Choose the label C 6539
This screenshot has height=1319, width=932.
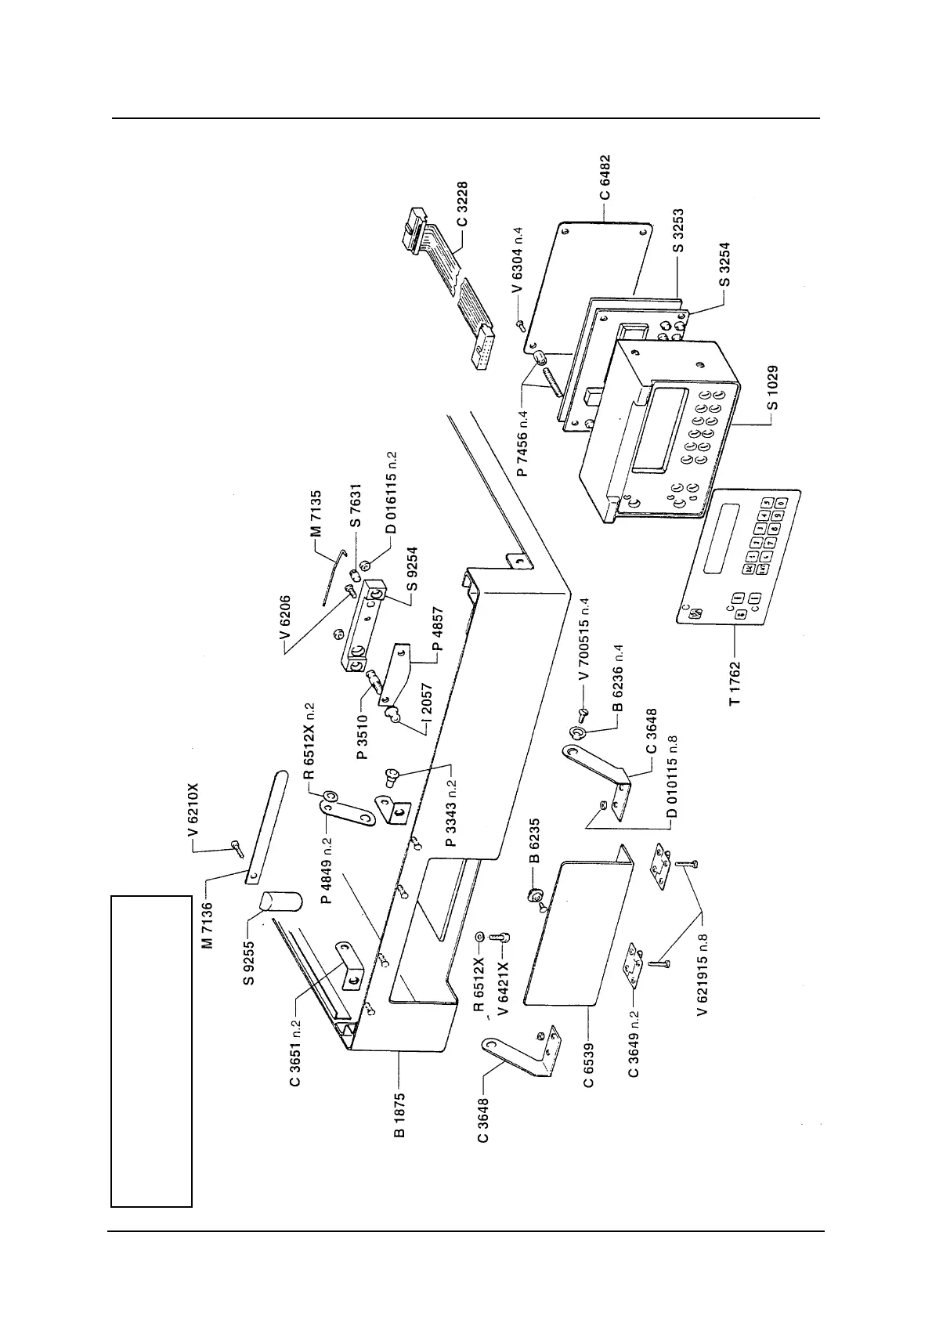[x=588, y=1063]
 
